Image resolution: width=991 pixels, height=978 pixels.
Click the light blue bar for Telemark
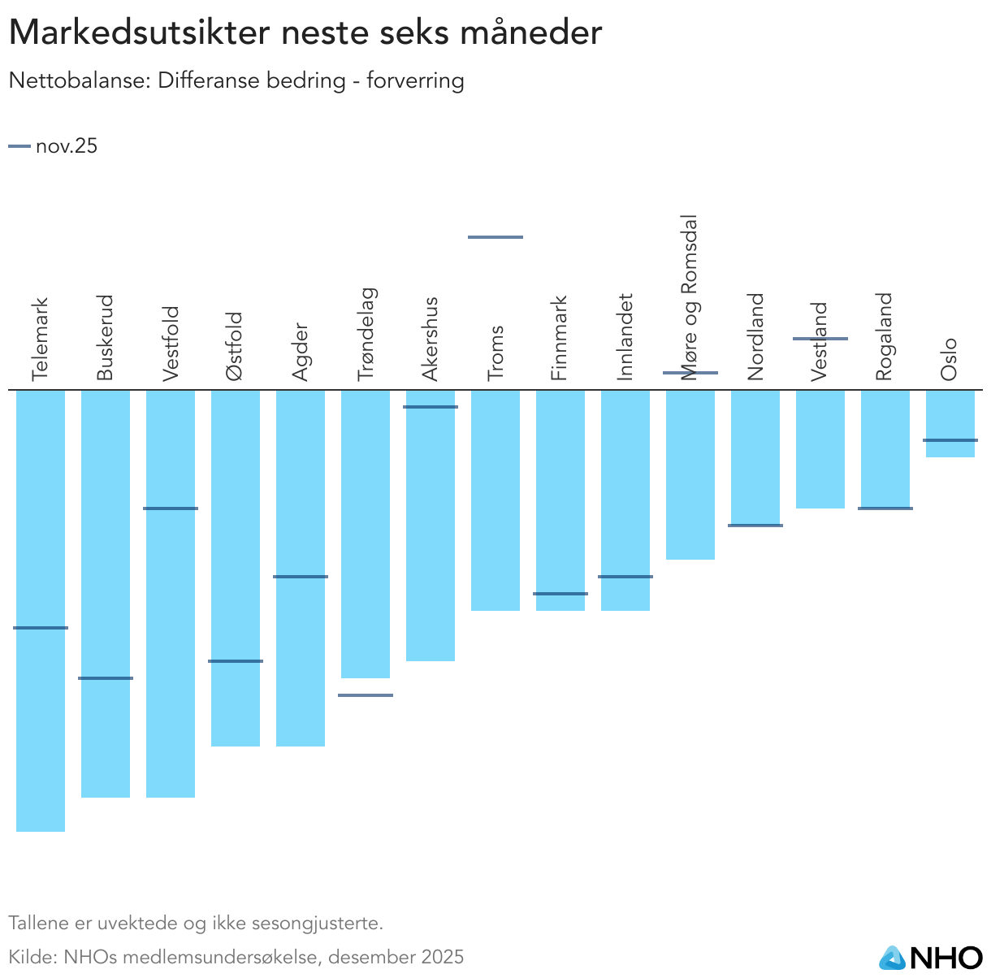(41, 609)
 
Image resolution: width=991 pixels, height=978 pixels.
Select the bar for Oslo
(950, 422)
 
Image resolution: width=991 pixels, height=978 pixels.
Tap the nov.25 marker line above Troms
(495, 237)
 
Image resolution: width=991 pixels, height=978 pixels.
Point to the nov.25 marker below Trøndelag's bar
(365, 695)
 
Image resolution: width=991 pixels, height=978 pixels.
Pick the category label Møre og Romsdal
(689, 296)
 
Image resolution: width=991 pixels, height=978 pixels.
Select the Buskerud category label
(105, 337)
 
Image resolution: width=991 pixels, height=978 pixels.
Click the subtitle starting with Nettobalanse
(236, 81)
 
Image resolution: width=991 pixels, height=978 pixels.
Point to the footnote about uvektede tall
(195, 924)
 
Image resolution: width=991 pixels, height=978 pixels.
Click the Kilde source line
(236, 957)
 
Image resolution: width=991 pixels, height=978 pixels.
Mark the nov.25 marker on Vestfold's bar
(171, 508)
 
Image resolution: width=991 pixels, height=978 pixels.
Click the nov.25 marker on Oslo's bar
(950, 440)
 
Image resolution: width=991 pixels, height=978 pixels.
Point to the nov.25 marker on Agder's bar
(300, 577)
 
